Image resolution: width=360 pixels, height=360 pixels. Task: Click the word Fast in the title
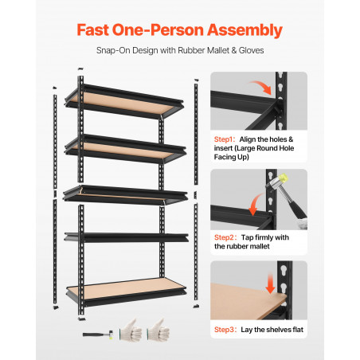[92, 29]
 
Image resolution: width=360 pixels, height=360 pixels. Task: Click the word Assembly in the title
[245, 30]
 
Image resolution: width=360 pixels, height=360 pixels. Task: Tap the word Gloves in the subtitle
[251, 50]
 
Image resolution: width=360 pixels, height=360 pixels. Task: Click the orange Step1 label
[225, 139]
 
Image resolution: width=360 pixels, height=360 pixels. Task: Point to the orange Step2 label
[225, 237]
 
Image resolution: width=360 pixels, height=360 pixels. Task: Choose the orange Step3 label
[225, 330]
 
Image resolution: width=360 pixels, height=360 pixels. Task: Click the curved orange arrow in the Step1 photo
[261, 86]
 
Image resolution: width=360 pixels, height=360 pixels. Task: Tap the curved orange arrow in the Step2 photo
[256, 204]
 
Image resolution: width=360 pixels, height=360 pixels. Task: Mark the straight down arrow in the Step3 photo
[270, 284]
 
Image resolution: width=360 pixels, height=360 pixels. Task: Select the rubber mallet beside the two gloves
[98, 335]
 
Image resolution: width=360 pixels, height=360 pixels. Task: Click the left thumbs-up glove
[131, 331]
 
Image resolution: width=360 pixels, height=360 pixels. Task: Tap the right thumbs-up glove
[158, 330]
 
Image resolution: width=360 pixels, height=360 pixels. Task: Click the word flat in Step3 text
[298, 330]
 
